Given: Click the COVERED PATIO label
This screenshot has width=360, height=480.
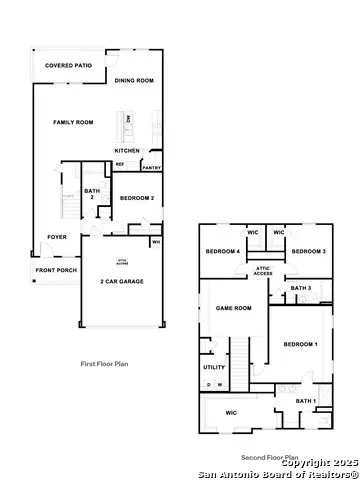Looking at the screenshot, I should coord(68,65).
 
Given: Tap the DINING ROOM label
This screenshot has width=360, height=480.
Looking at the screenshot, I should coord(134,80).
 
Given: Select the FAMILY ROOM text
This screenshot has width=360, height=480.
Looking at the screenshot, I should coord(73,122).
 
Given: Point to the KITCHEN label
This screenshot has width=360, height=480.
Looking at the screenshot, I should coord(127,150).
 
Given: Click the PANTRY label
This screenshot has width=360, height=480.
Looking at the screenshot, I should coord(151,168).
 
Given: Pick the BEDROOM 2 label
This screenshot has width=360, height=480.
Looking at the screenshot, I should coord(136,198).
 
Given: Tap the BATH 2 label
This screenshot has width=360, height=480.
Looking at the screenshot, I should coord(92,194).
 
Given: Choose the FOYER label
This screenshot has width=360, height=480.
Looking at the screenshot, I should coord(57,237).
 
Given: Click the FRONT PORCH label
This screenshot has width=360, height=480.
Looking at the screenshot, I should coord(56,271).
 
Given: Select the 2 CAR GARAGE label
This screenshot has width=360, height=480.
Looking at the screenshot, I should coord(122,282).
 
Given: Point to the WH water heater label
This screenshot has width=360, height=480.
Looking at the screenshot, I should coord(156,241).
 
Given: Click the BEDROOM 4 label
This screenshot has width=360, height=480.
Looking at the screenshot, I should coord(223,251).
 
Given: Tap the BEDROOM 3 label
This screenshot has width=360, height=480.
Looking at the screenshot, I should coord(309,251).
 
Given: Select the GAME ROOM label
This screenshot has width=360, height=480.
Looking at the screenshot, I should coord(233,308).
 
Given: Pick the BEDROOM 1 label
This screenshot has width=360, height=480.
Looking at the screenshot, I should coord(300,344).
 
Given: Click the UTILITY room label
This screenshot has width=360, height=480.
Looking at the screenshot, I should coord(214,367).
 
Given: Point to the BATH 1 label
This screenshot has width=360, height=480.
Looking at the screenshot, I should coord(306,401).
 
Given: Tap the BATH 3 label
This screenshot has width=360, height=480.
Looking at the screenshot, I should coord(301,288).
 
